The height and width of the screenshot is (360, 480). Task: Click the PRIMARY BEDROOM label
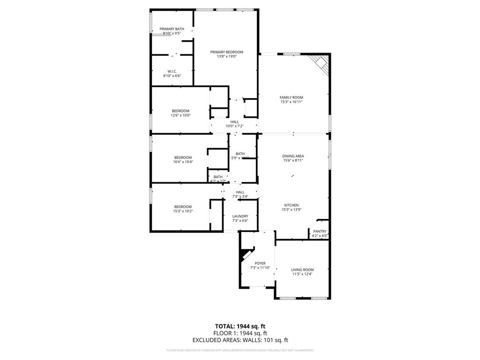point(226,52)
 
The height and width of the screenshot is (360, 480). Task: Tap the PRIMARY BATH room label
point(172,29)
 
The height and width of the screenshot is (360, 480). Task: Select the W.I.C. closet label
point(172,71)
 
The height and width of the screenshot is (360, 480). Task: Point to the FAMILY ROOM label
point(291,97)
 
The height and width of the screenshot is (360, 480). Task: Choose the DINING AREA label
point(293,156)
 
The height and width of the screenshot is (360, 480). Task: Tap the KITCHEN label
point(291,205)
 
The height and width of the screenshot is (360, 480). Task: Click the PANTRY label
point(320,231)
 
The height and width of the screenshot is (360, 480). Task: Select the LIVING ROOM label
point(302,270)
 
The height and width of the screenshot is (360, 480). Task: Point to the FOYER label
point(260,263)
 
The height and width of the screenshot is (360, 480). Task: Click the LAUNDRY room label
point(240,216)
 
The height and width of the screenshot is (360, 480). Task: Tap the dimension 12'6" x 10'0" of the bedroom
point(180,115)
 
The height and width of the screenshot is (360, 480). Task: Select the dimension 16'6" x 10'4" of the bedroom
point(183,162)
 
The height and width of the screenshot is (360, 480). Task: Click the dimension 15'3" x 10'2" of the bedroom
point(183,211)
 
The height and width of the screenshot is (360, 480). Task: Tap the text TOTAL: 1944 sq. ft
point(240,326)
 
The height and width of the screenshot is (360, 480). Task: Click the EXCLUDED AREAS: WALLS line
point(240,340)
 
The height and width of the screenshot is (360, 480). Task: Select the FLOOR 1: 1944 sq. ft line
point(240,333)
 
